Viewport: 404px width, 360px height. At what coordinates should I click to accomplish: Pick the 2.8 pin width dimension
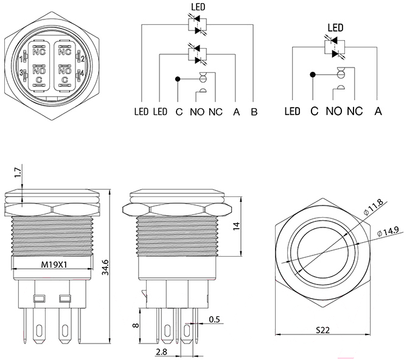pyautogui.click(x=161, y=352)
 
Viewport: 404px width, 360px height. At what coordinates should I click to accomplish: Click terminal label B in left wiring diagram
pyautogui.click(x=254, y=112)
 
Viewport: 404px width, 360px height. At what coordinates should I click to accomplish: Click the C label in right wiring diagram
pyautogui.click(x=314, y=111)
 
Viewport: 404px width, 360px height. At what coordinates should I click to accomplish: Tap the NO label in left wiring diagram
pyautogui.click(x=197, y=112)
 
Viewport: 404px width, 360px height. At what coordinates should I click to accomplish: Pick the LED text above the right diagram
pyautogui.click(x=336, y=27)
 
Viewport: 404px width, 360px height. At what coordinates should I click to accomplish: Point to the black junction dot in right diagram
pyautogui.click(x=313, y=75)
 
